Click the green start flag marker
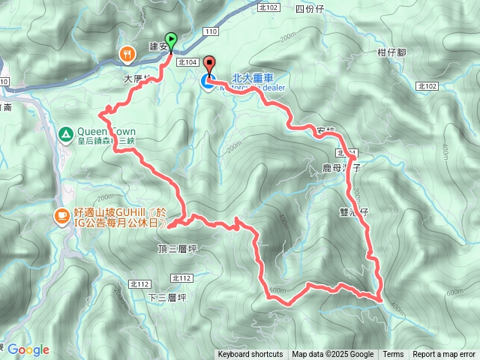tap(172, 42)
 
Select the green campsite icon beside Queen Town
tap(65, 134)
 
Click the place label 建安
tap(158, 46)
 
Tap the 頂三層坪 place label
tap(178, 247)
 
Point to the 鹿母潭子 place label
tap(342, 169)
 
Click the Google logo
tap(28, 349)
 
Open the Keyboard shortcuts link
tap(250, 355)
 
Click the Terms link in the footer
tap(393, 355)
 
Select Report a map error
tap(445, 355)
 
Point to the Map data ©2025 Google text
tap(333, 355)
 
